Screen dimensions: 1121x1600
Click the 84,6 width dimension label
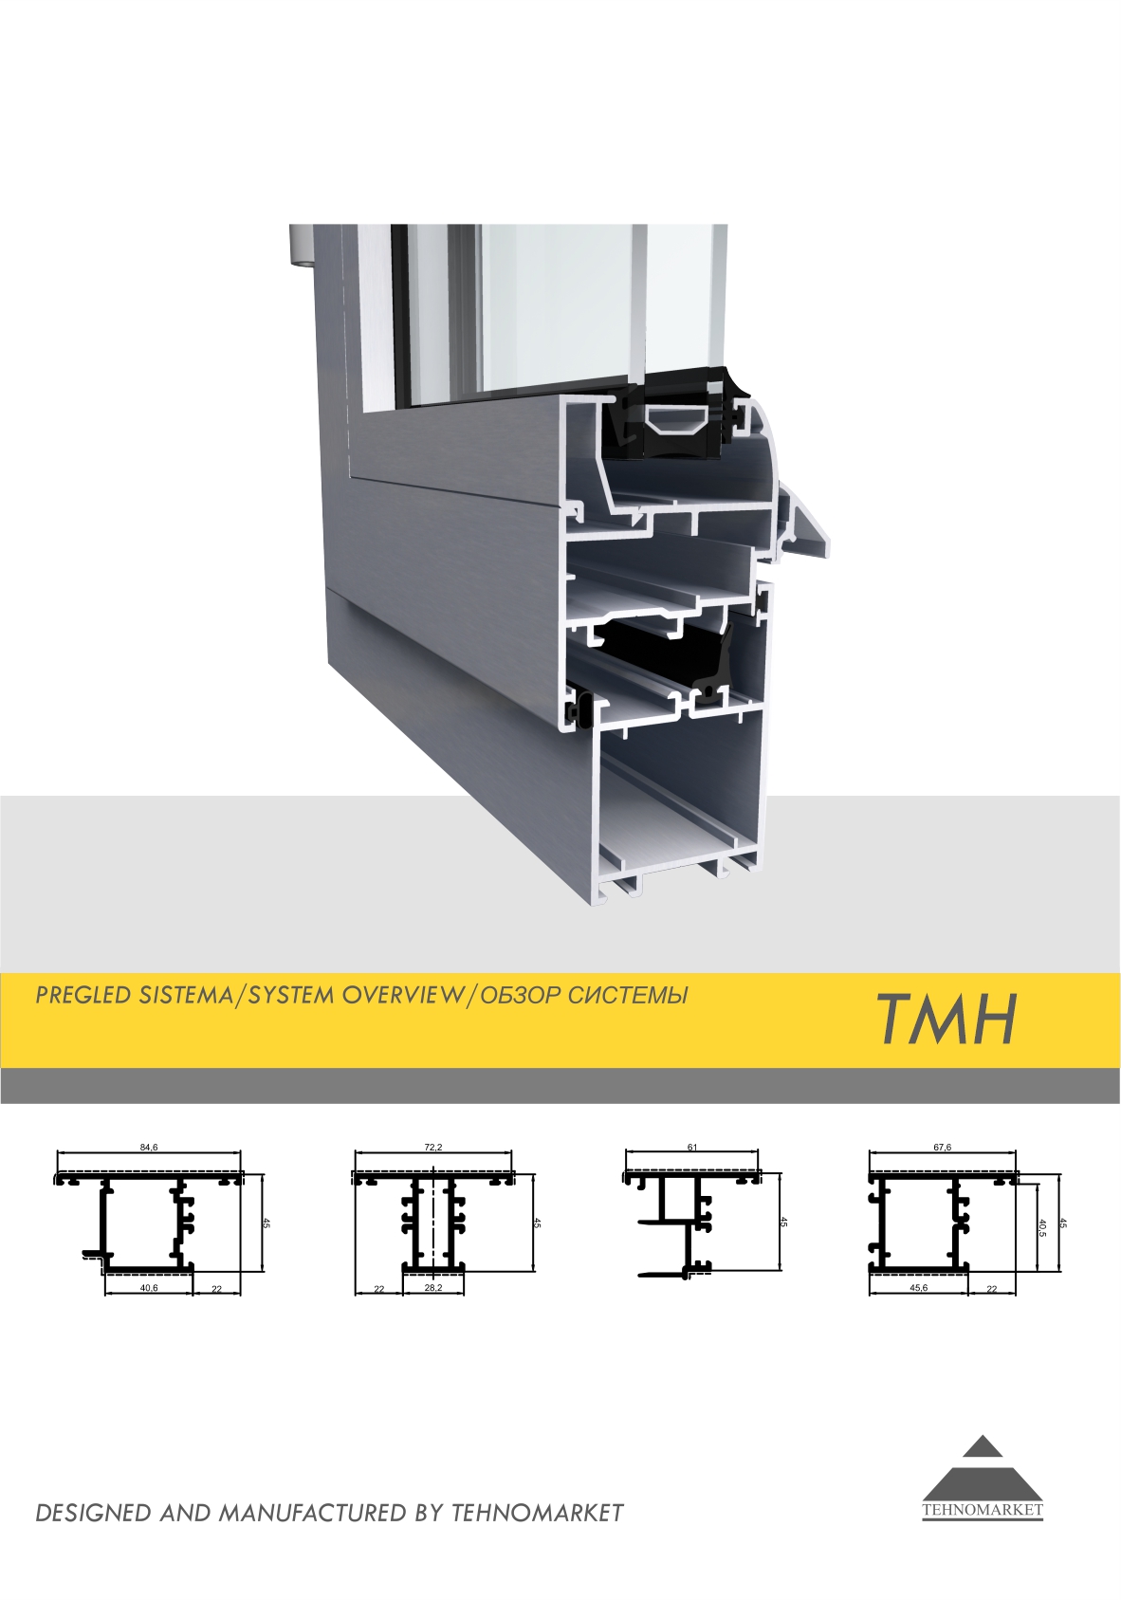click(x=149, y=1148)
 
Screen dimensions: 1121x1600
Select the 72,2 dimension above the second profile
click(x=433, y=1148)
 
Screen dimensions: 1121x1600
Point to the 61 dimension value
click(x=691, y=1148)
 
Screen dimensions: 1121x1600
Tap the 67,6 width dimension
click(x=943, y=1148)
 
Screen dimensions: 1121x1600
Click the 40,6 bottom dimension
click(x=149, y=1289)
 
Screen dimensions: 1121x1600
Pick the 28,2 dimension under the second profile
click(x=433, y=1289)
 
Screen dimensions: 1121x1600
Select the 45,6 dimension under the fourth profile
click(x=918, y=1289)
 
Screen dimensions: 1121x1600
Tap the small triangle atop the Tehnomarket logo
click(x=983, y=1445)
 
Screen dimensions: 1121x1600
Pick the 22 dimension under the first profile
click(x=216, y=1289)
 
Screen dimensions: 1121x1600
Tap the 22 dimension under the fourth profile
click(x=991, y=1289)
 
